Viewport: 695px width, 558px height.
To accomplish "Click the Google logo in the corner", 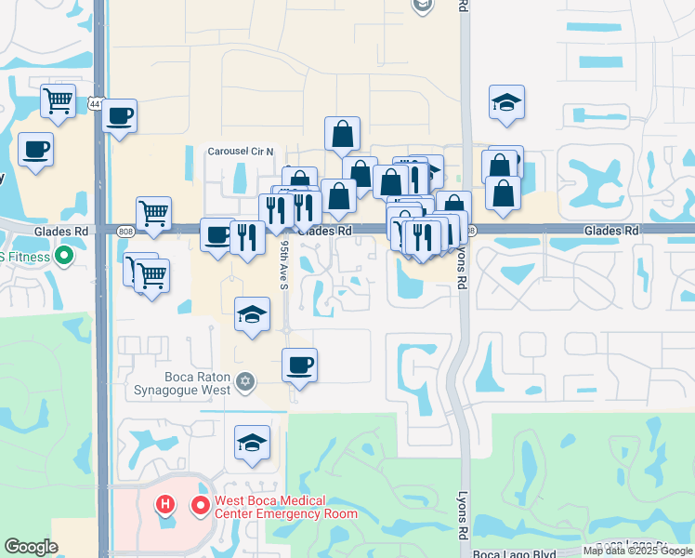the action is (x=31, y=546).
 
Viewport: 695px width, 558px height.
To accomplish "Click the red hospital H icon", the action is (x=165, y=506).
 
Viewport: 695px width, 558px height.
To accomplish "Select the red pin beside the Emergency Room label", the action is (x=199, y=506).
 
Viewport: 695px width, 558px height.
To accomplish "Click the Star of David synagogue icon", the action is (x=245, y=379).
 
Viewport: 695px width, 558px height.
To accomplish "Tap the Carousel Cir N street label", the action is (x=241, y=151).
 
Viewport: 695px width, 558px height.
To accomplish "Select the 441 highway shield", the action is (x=96, y=105).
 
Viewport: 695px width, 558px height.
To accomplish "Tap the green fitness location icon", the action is (x=64, y=253).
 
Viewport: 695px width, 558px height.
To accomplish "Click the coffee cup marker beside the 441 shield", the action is (x=120, y=116).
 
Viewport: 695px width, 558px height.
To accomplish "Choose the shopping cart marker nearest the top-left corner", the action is (x=58, y=100).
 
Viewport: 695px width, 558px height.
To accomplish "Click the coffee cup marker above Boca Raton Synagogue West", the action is (x=299, y=365).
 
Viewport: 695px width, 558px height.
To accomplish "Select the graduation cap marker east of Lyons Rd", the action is (x=506, y=102).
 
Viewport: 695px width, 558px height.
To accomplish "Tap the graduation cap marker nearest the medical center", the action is (x=252, y=443).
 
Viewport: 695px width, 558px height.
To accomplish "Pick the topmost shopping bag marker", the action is (x=342, y=134).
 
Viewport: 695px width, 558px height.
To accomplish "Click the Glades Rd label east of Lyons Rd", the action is (x=611, y=230).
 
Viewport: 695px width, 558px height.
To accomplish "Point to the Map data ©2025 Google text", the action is (x=638, y=551).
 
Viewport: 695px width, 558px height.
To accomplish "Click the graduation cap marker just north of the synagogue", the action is (x=252, y=314).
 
